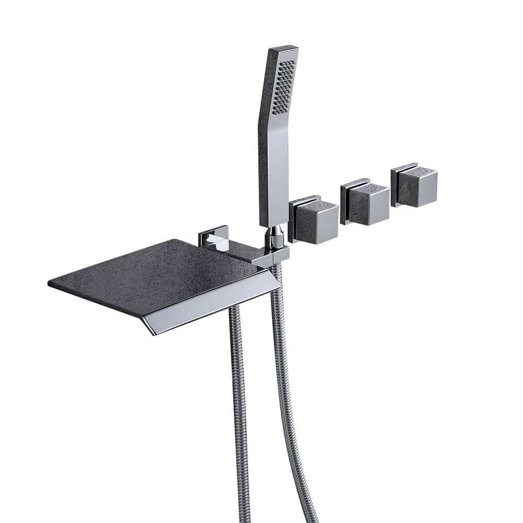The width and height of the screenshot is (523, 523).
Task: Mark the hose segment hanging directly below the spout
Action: (238, 392)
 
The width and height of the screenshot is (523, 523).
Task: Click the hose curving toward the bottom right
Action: (293, 418)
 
